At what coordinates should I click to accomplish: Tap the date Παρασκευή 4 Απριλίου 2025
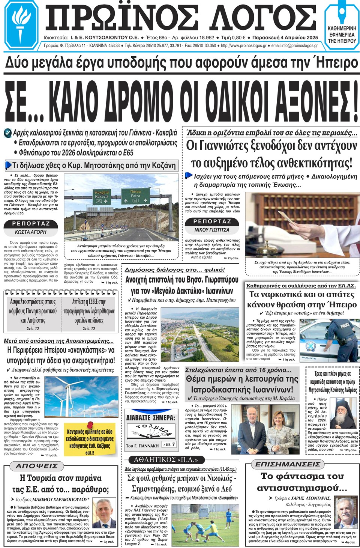click(285, 38)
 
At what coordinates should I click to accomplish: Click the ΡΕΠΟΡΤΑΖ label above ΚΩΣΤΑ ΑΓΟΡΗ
click(31, 224)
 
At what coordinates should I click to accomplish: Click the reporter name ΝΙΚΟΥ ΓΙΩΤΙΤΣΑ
click(211, 230)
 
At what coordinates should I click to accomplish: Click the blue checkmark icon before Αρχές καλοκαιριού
click(7, 133)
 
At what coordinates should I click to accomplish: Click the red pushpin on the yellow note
click(90, 425)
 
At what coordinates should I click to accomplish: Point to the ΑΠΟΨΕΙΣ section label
click(36, 466)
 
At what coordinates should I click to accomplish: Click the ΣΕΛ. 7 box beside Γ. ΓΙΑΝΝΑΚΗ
click(169, 445)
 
